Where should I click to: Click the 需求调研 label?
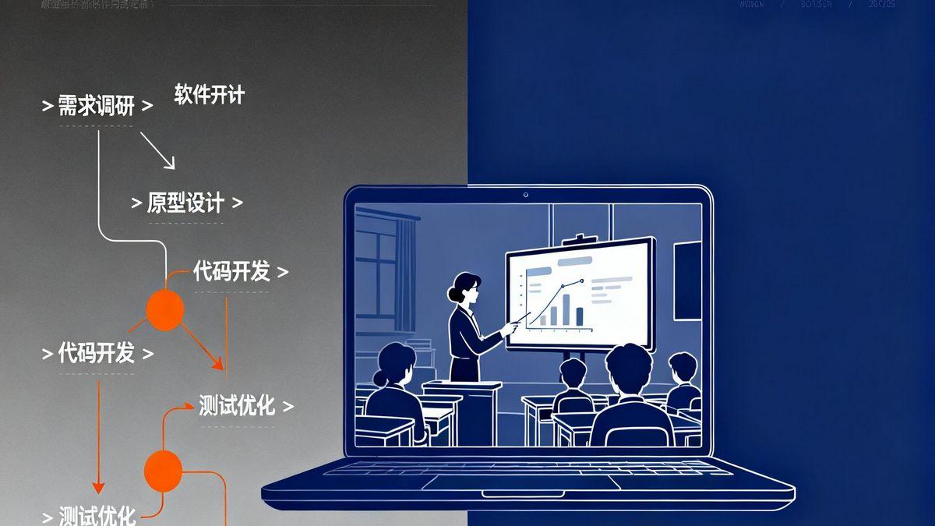pyautogui.click(x=97, y=106)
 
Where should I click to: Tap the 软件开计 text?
pyautogui.click(x=209, y=95)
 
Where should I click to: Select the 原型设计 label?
pyautogui.click(x=186, y=203)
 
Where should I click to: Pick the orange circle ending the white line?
pyautogui.click(x=164, y=309)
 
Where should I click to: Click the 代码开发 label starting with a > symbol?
pyautogui.click(x=97, y=353)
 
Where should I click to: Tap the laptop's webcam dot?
pyautogui.click(x=526, y=194)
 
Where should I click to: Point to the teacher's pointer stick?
pyautogui.click(x=524, y=319)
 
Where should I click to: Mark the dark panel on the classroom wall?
pyautogui.click(x=687, y=281)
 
